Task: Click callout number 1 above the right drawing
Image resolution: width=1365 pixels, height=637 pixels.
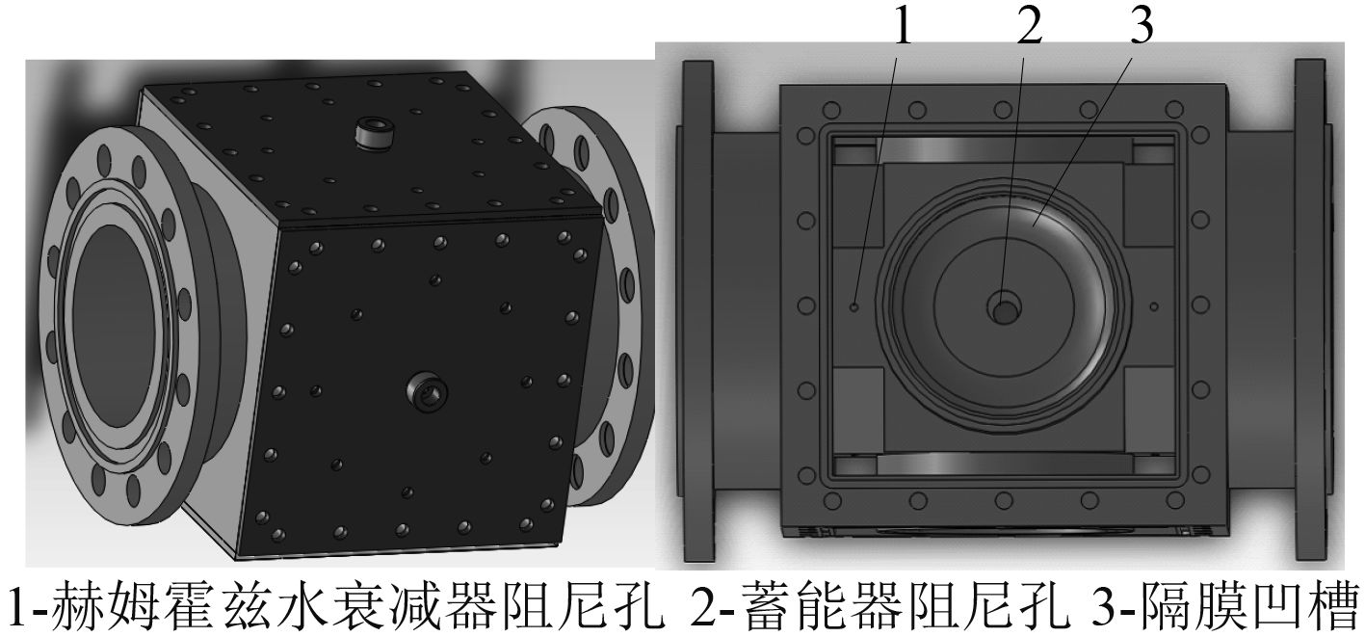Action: [903, 27]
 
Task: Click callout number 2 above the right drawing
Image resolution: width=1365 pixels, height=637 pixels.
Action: [1029, 27]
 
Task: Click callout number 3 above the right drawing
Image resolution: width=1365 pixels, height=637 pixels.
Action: [1142, 26]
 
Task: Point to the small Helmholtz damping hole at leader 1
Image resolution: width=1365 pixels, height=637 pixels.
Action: [854, 306]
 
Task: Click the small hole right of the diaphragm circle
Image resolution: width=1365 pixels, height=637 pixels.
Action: [1153, 305]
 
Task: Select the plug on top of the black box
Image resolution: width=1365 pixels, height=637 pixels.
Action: [374, 135]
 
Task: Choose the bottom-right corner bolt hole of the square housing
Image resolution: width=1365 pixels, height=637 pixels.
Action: [1175, 500]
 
